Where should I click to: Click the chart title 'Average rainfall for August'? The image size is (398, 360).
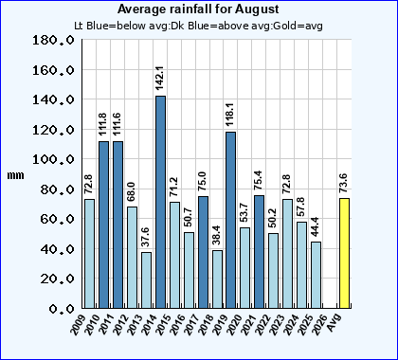pos(198,9)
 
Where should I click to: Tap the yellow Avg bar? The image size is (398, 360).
pos(344,253)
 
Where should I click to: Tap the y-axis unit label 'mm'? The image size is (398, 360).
pos(16,176)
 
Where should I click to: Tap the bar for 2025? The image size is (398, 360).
pos(316,275)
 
